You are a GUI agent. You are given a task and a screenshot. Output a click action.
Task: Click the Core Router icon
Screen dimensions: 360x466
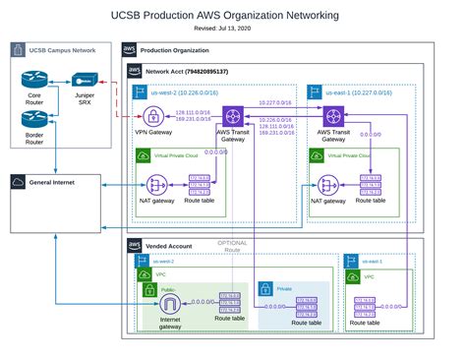33,81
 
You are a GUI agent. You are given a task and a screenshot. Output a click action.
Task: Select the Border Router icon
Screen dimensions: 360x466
33,118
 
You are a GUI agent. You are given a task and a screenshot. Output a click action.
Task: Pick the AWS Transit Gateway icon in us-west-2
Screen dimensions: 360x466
233,115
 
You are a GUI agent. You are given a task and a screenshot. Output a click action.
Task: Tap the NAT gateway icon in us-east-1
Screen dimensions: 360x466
327,183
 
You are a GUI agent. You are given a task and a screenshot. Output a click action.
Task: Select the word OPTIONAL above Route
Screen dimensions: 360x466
232,243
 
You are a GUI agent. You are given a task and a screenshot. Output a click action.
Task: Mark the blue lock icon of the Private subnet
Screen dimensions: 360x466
264,288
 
